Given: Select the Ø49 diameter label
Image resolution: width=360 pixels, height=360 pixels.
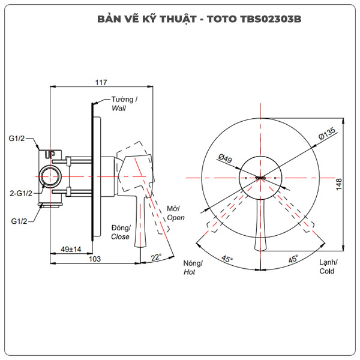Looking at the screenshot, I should point(225,159).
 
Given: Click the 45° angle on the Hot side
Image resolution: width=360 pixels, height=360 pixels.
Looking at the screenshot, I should point(227,259).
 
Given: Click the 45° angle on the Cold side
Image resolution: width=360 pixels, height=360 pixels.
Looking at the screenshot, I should point(293,259).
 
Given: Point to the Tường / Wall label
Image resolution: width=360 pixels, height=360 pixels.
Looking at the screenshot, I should point(124,104).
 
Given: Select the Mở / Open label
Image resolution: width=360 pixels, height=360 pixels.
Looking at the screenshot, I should point(176,213).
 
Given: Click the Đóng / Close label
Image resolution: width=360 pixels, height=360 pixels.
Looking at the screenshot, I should point(121,232).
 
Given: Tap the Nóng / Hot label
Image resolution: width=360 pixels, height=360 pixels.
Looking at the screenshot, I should point(193,268).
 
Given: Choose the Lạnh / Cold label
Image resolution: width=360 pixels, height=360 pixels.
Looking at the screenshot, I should point(328,266).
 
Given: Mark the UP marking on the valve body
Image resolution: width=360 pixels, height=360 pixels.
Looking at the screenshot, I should point(51,155).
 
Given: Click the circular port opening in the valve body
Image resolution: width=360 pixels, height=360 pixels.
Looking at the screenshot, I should point(49,178).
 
